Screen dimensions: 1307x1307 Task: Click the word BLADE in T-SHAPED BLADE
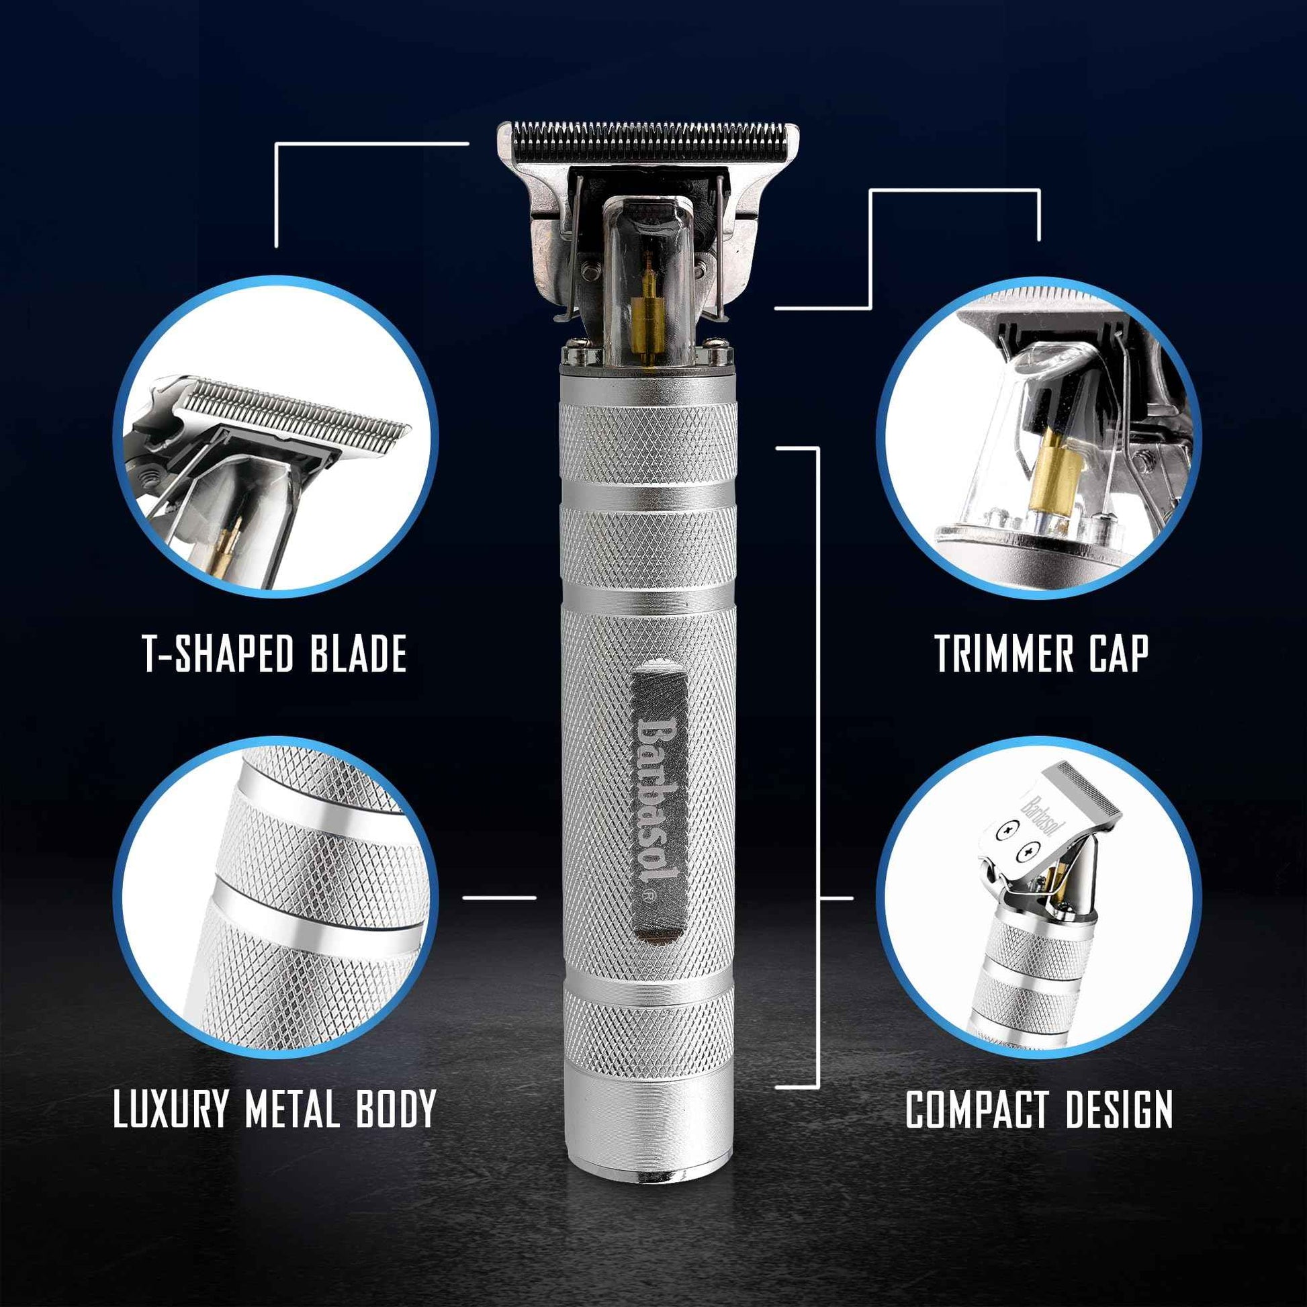[x=359, y=653]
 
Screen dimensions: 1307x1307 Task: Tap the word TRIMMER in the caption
[x=1004, y=653]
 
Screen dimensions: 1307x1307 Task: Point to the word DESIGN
[x=1119, y=1110]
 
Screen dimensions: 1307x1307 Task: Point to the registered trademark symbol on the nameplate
[x=647, y=895]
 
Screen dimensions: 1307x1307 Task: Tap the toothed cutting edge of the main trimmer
[x=648, y=128]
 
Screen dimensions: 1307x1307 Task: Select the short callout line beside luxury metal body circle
[x=499, y=898]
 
